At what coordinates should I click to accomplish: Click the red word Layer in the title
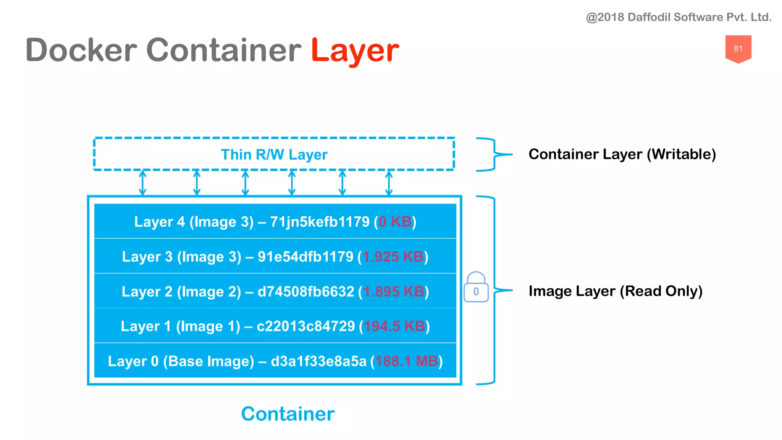click(355, 51)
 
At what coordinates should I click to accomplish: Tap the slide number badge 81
click(738, 49)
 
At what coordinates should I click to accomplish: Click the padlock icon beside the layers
click(476, 287)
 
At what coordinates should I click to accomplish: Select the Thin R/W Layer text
click(274, 155)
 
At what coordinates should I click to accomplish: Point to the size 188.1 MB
click(406, 361)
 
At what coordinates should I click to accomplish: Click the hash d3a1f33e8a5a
click(318, 361)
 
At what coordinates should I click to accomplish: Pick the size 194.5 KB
click(394, 326)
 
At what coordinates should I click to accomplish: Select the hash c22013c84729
click(305, 326)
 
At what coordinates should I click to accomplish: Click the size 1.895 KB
click(393, 291)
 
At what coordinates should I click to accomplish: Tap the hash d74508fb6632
click(306, 291)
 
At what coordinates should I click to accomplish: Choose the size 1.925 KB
click(393, 257)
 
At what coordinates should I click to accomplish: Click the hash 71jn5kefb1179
click(320, 222)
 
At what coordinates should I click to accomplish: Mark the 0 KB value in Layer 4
click(395, 222)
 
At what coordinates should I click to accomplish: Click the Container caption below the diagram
click(288, 414)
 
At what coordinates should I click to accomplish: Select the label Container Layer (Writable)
click(622, 154)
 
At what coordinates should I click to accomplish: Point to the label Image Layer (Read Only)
click(615, 291)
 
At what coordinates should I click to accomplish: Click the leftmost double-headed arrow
click(142, 183)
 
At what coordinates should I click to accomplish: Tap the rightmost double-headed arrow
click(389, 183)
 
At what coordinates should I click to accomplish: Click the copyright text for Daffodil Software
click(679, 17)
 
